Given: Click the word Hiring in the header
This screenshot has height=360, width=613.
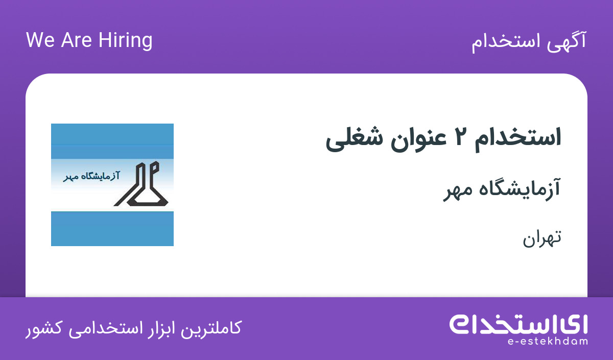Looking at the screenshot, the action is pyautogui.click(x=125, y=41).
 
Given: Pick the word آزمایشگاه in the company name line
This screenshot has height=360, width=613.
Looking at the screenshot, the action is pyautogui.click(x=520, y=189).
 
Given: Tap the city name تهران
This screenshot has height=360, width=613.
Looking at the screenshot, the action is pyautogui.click(x=542, y=238).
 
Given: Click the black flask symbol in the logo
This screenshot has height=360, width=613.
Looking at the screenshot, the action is pyautogui.click(x=141, y=184).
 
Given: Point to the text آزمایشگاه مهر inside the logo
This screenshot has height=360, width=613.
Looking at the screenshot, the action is pyautogui.click(x=91, y=176).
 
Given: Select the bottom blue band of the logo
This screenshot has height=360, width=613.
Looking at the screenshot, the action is pyautogui.click(x=112, y=229).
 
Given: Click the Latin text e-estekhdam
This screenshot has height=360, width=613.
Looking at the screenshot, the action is pyautogui.click(x=547, y=342).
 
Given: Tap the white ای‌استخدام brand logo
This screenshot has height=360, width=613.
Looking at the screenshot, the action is pyautogui.click(x=518, y=324).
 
